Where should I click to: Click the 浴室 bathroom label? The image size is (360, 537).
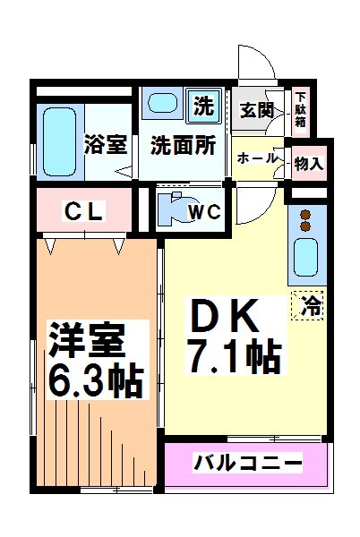(x=104, y=144)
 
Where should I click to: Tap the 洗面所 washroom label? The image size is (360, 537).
(x=183, y=144)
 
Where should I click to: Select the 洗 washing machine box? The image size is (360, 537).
(x=205, y=106)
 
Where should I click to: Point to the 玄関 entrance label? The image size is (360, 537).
(x=256, y=111)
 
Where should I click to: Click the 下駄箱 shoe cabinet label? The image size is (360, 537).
(x=301, y=110)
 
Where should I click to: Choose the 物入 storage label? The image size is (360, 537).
(x=309, y=164)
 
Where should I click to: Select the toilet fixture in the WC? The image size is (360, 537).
(x=172, y=208)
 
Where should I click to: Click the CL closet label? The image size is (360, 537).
(x=85, y=212)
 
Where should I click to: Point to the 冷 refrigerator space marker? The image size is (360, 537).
(x=311, y=304)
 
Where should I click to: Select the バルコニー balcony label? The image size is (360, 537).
(x=248, y=464)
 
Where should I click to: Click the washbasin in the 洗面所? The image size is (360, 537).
(x=165, y=103)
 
